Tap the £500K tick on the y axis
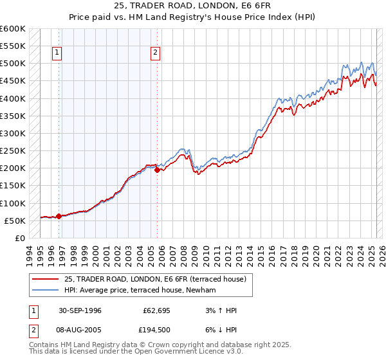pyautogui.click(x=13, y=64)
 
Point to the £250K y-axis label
pyautogui.click(x=13, y=151)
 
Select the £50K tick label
pyautogui.click(x=15, y=221)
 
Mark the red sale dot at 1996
pyautogui.click(x=59, y=216)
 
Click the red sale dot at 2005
pyautogui.click(x=157, y=170)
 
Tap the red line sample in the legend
pyautogui.click(x=45, y=279)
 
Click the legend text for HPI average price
pyautogui.click(x=140, y=290)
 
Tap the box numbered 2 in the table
pyautogui.click(x=33, y=330)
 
